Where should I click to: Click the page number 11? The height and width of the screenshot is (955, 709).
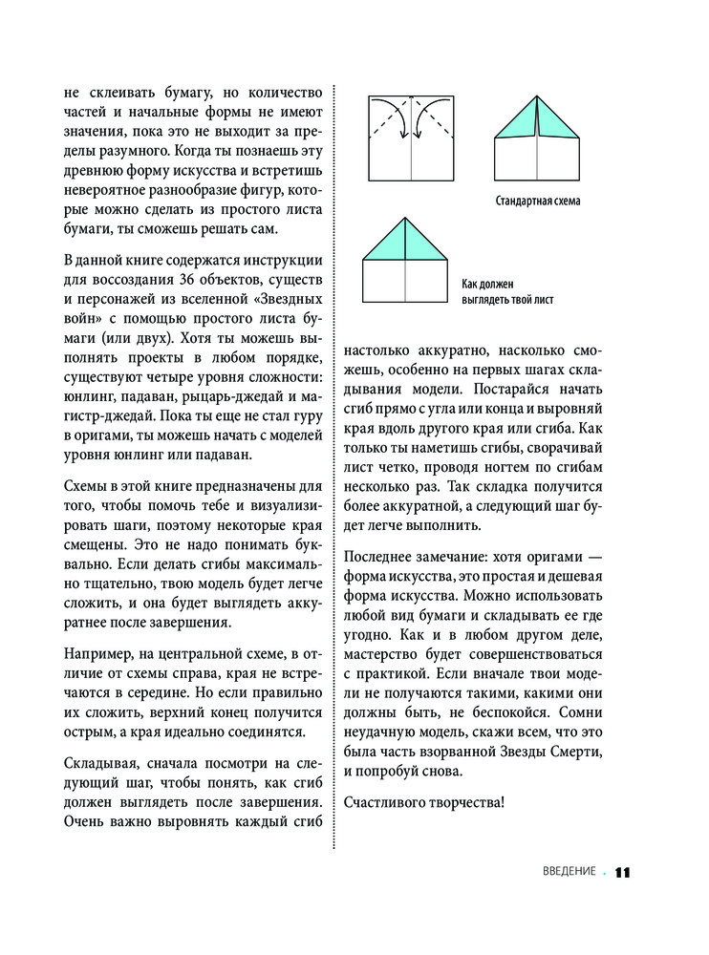624,872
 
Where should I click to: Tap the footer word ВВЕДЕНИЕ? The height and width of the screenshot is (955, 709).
569,871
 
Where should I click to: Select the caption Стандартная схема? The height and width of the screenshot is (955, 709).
538,202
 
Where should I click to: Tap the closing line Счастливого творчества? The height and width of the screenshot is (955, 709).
423,800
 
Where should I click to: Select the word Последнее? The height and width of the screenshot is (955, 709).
381,555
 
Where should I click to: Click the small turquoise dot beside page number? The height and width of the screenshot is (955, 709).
604,872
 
